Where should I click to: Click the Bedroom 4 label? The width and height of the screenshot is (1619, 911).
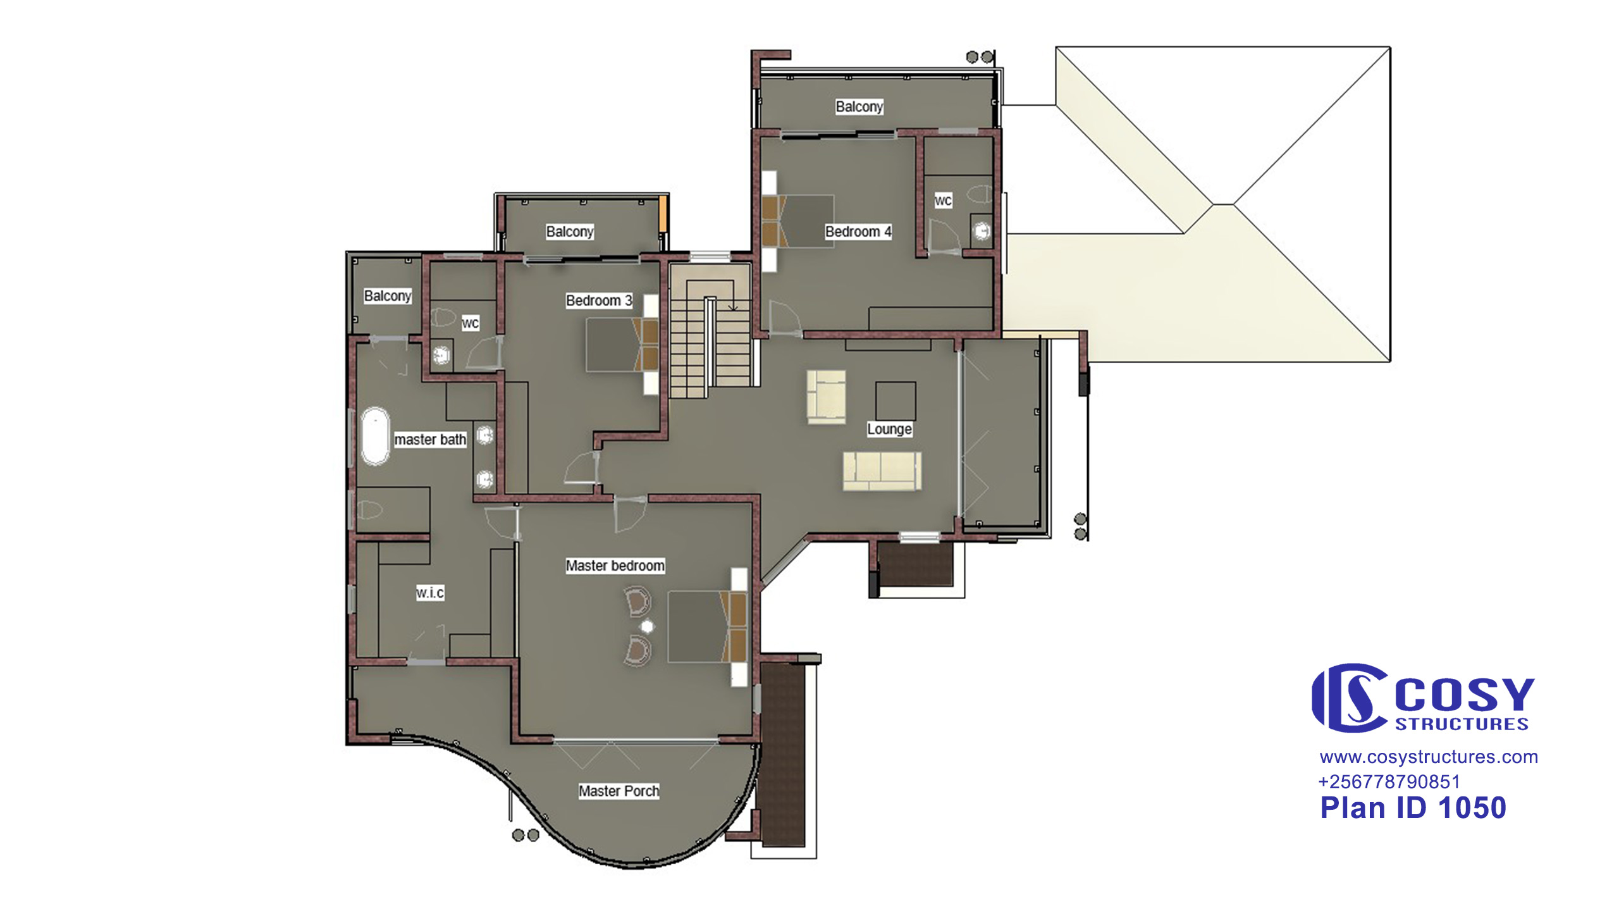858,232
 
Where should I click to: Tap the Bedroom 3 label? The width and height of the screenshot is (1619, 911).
599,301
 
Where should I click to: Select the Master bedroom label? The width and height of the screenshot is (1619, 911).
615,566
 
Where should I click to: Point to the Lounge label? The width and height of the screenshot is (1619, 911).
889,429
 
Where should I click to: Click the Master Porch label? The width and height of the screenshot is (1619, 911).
619,791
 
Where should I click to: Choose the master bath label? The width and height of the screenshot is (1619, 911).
430,440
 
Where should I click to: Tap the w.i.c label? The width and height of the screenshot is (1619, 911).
430,593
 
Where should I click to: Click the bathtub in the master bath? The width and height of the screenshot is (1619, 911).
374,437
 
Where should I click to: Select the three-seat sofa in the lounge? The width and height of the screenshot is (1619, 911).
882,471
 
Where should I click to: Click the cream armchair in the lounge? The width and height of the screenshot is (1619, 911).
827,397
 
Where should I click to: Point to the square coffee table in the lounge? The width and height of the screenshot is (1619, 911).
896,400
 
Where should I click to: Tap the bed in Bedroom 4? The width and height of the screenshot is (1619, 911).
797,221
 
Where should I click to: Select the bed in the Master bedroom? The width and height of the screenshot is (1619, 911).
707,627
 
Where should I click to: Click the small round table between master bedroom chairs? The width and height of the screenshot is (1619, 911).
647,626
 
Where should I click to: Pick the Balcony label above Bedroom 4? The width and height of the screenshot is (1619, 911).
859,106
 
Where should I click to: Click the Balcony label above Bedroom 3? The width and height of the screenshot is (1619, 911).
570,232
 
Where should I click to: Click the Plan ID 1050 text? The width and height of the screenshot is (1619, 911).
1413,808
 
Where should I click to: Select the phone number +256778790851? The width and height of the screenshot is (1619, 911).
1389,782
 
